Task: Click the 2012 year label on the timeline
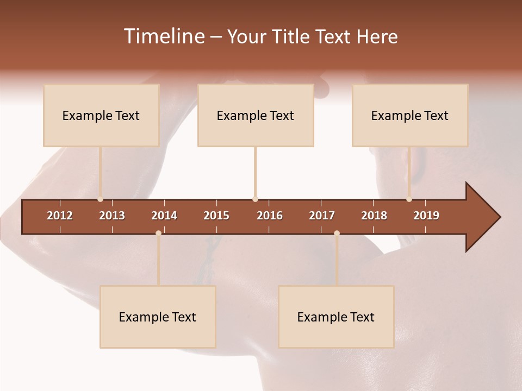click(60, 216)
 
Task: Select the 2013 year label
click(112, 216)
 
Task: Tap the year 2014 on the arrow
click(164, 216)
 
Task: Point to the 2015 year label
click(216, 216)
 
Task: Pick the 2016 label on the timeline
click(270, 216)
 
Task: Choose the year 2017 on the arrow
click(322, 216)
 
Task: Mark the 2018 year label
click(374, 216)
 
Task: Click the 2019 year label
click(426, 216)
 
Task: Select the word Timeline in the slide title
click(164, 36)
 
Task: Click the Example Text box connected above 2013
click(101, 115)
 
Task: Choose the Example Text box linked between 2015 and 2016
click(256, 115)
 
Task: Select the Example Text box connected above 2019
click(410, 115)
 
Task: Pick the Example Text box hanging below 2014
click(158, 317)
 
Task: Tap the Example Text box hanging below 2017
click(336, 317)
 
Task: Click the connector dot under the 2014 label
click(158, 233)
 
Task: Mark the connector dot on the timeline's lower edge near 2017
click(337, 233)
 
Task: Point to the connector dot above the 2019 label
click(409, 199)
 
